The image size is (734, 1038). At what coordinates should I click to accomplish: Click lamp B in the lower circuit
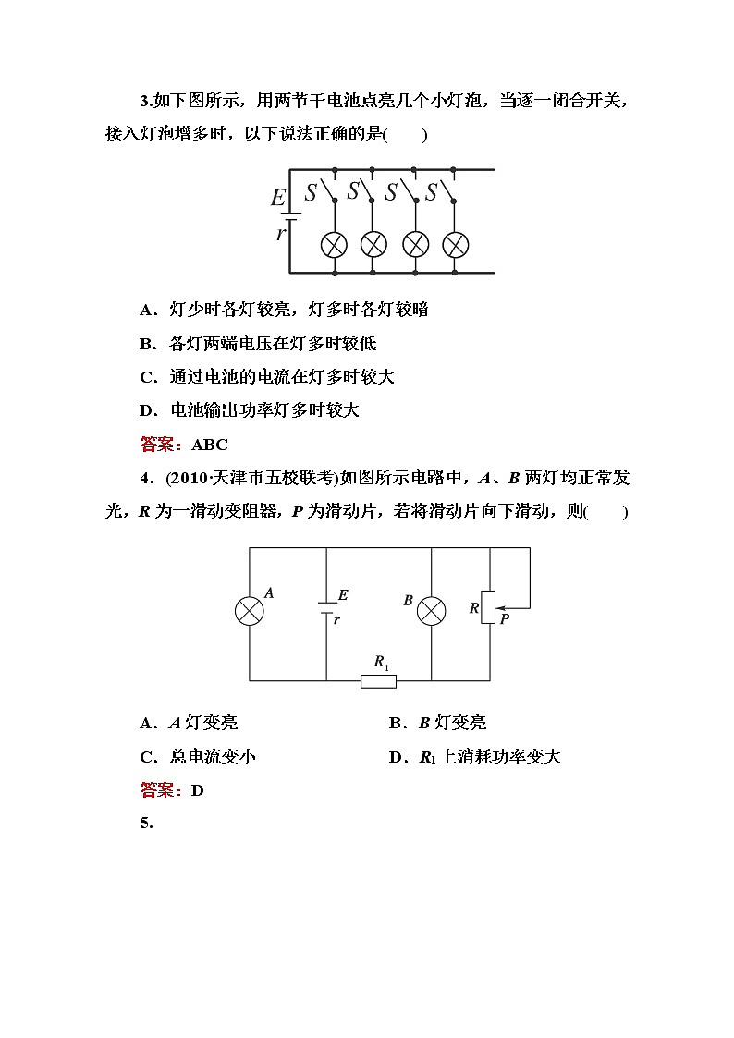[432, 611]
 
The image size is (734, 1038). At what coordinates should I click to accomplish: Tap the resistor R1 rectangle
[378, 681]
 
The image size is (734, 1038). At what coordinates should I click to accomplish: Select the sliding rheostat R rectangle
[489, 606]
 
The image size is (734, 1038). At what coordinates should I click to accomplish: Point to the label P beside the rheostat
[505, 619]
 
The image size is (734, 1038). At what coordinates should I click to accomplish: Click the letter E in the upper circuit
[278, 198]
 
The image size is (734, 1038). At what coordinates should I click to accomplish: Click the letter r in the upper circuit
[281, 233]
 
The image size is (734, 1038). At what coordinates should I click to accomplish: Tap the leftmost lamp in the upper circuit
[333, 245]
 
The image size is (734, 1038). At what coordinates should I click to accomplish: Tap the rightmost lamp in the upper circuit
[455, 245]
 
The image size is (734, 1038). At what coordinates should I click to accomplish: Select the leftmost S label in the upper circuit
[312, 193]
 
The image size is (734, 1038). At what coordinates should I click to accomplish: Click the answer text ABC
[210, 445]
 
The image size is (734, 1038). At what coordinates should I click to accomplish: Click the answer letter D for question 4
[197, 790]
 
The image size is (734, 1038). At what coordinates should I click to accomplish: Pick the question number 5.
[146, 824]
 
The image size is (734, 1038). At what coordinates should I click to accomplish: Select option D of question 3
[250, 410]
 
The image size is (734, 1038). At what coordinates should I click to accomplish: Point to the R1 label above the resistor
[381, 662]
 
